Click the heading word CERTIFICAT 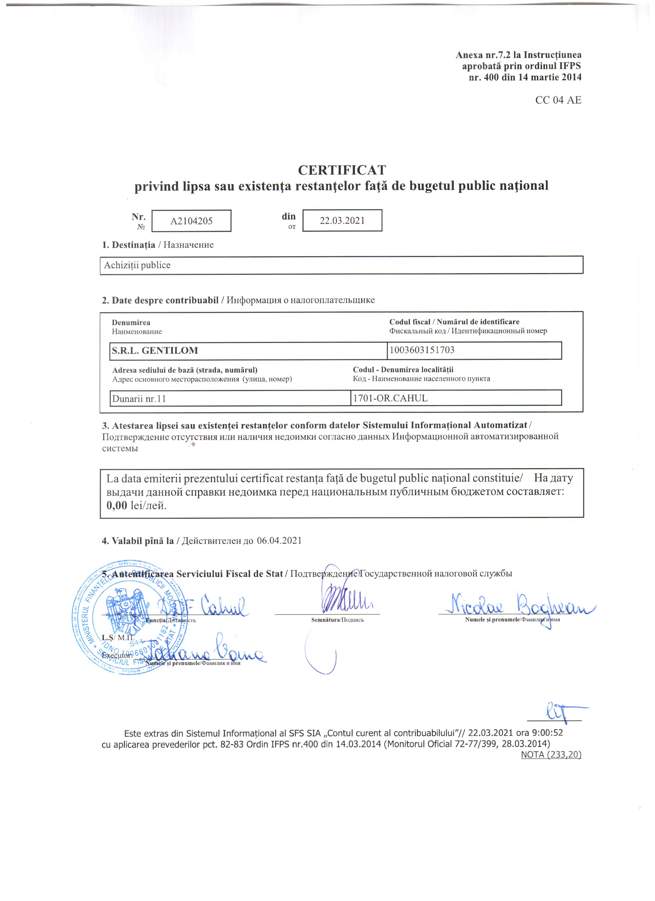[x=342, y=170]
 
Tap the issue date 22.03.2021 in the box [x=342, y=221]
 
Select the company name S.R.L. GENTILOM [x=155, y=350]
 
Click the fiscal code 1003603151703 [x=422, y=350]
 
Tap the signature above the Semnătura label [x=342, y=596]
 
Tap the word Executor [x=117, y=655]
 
